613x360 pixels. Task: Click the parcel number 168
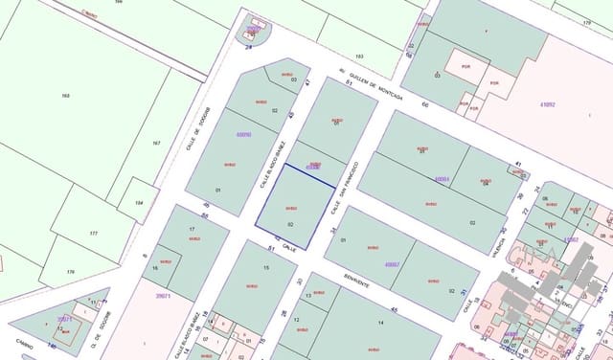(66, 96)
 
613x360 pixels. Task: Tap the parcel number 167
(156, 144)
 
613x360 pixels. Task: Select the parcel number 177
(93, 233)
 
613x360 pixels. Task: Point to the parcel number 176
(70, 272)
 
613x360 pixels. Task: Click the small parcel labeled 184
(140, 203)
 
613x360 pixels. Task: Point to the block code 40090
(243, 135)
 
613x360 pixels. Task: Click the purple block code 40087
(391, 264)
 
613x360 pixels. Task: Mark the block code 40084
(442, 178)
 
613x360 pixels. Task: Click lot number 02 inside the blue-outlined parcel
(289, 224)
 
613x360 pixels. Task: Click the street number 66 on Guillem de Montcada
(424, 103)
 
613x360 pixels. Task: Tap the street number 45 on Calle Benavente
(395, 309)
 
